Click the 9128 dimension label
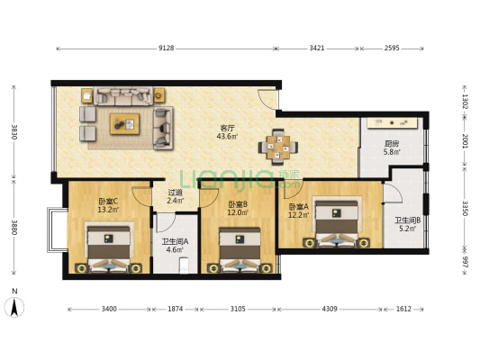click(167, 48)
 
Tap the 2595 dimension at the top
click(392, 48)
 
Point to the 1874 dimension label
click(175, 309)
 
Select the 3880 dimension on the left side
click(14, 228)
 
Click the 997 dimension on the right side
click(465, 263)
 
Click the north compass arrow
click(14, 308)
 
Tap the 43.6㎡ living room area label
click(227, 137)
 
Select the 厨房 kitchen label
click(392, 144)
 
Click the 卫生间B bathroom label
click(407, 220)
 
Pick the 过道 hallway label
click(175, 193)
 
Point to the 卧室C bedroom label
click(108, 202)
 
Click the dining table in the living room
click(278, 147)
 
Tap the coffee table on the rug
click(125, 124)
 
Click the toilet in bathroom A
click(184, 265)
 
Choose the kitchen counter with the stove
click(393, 123)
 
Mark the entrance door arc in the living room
click(267, 99)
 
